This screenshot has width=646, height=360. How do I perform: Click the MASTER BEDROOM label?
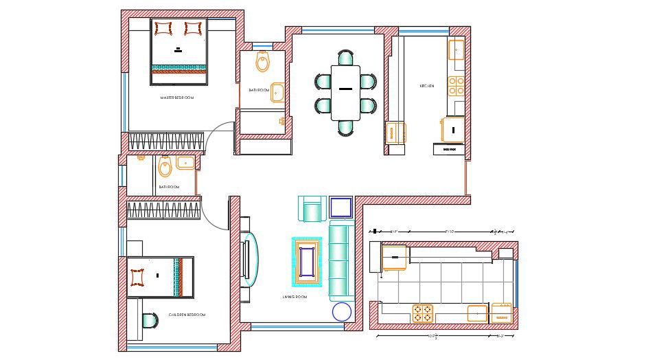tap(177, 98)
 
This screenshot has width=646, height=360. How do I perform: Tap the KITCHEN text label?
tap(427, 86)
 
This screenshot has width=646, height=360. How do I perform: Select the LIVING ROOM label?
tap(294, 297)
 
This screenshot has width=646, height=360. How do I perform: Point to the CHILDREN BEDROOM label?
tap(187, 315)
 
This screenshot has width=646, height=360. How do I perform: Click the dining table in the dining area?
tap(345, 92)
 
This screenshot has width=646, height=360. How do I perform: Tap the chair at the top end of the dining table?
tap(345, 58)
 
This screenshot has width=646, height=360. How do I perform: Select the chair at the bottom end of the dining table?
tap(345, 127)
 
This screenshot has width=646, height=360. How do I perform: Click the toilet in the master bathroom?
tap(262, 63)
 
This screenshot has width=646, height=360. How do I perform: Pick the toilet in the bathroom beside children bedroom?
tap(165, 166)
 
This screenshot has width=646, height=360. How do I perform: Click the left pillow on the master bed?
tap(164, 28)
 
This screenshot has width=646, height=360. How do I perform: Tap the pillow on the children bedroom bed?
tap(137, 277)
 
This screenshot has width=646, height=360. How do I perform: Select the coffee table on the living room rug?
tap(308, 260)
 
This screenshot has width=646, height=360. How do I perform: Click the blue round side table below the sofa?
tap(341, 312)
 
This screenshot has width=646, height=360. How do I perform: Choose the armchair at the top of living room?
tap(311, 209)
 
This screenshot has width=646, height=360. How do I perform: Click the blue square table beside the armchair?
tap(341, 208)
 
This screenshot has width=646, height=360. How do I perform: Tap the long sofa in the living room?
tap(339, 260)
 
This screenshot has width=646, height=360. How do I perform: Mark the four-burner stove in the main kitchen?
tap(456, 85)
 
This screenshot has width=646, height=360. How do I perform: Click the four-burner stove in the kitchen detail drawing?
tap(423, 313)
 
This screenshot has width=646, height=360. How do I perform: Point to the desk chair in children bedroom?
tap(150, 322)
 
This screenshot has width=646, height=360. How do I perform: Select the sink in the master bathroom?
tap(277, 92)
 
